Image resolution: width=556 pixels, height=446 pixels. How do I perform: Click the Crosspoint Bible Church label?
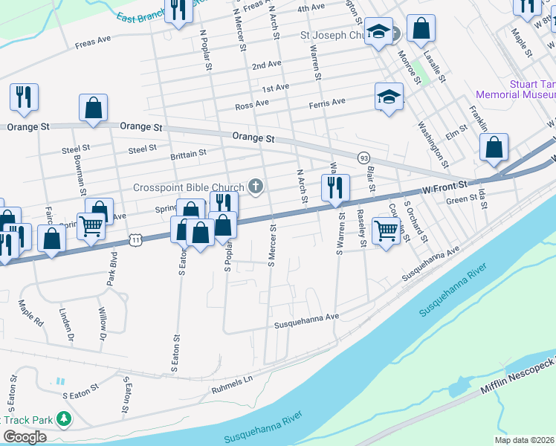[x=189, y=187]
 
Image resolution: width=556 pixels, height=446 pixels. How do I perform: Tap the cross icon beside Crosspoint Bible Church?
[x=256, y=186]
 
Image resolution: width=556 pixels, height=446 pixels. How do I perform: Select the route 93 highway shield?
[x=363, y=158]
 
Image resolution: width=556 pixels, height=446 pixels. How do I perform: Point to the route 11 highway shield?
[x=134, y=239]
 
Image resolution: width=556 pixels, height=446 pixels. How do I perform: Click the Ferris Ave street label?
[x=327, y=102]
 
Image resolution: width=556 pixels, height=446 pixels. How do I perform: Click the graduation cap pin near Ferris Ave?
[x=389, y=97]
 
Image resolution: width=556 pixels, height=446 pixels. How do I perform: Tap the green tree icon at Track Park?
[x=64, y=419]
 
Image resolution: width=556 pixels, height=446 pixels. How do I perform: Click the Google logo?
[x=25, y=437]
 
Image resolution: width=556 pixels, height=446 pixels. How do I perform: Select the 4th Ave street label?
[x=311, y=7]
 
